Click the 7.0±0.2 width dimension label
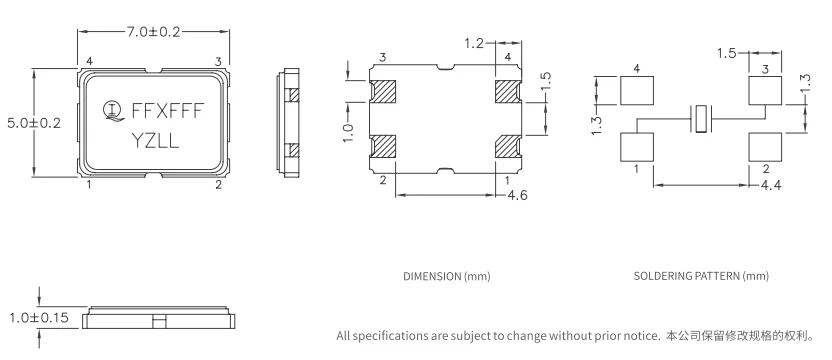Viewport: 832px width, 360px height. pyautogui.click(x=153, y=32)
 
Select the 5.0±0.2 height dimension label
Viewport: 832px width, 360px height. pyautogui.click(x=34, y=123)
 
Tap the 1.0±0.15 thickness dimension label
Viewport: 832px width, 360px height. pyautogui.click(x=39, y=318)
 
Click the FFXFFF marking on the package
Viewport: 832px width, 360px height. pyautogui.click(x=167, y=111)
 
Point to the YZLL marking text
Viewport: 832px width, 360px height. pyautogui.click(x=155, y=142)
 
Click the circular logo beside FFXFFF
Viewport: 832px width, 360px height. pyautogui.click(x=111, y=110)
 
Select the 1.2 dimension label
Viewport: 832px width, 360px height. pyautogui.click(x=474, y=44)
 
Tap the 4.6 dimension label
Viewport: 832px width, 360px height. pyautogui.click(x=517, y=195)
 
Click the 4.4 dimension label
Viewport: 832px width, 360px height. pyautogui.click(x=771, y=186)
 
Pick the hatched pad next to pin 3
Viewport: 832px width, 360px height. pyautogui.click(x=383, y=92)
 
